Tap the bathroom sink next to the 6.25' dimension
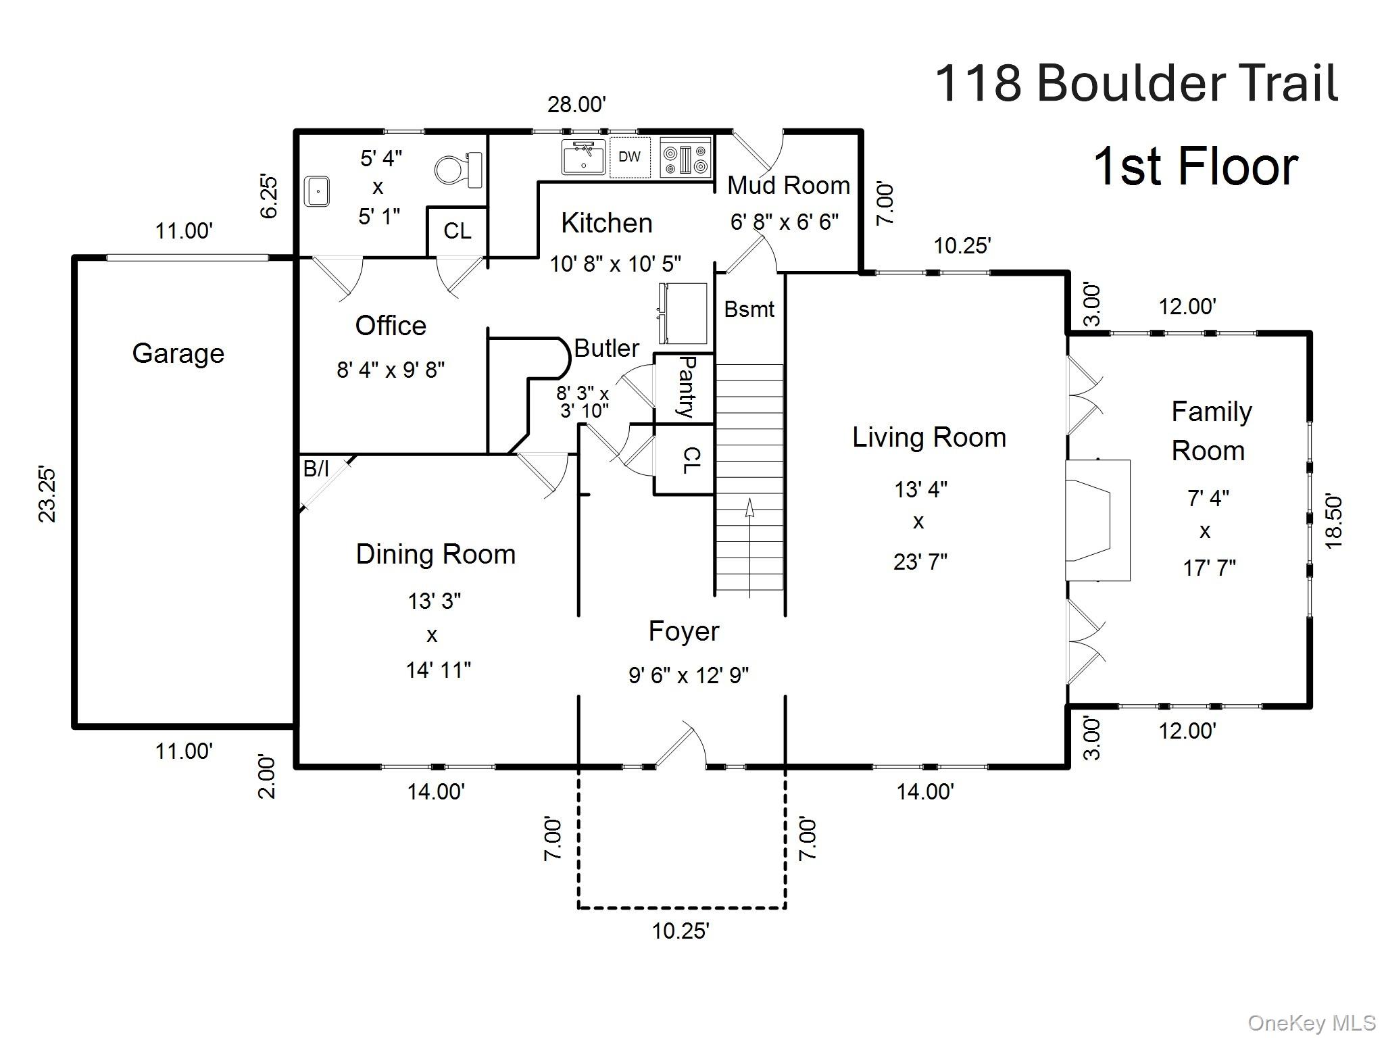[x=316, y=191]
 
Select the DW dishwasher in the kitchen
[x=629, y=157]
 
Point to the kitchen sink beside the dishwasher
[x=583, y=157]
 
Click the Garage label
[x=178, y=353]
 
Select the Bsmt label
[x=749, y=310]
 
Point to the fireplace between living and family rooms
[x=1096, y=520]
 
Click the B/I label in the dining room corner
[x=316, y=468]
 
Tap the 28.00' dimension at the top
[x=576, y=105]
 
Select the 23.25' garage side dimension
[x=47, y=493]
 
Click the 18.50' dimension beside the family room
[x=1333, y=521]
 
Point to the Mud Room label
[x=788, y=185]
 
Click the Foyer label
[x=683, y=631]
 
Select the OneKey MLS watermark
[x=1311, y=1022]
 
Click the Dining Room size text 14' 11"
[x=438, y=670]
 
